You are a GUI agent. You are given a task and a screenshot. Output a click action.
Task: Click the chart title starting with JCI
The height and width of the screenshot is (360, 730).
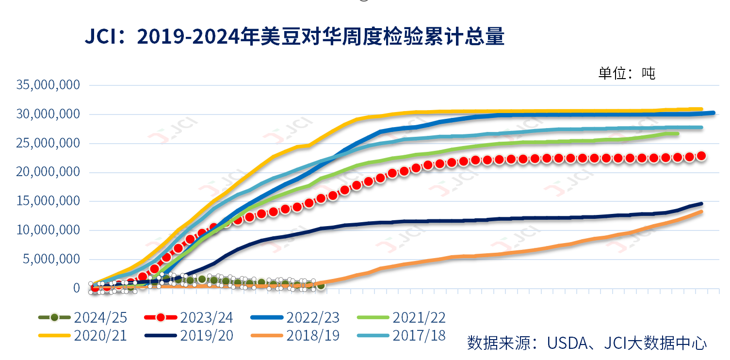tap(295, 37)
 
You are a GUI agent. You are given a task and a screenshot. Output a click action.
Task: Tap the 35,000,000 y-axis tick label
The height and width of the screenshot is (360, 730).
tap(49, 85)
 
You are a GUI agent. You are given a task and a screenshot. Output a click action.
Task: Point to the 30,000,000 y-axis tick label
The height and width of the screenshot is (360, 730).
tap(49, 115)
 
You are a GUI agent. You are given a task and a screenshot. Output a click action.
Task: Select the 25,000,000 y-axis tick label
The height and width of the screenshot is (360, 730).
tap(49, 144)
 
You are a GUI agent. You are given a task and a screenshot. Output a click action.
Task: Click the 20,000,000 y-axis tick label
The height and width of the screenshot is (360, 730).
tap(49, 172)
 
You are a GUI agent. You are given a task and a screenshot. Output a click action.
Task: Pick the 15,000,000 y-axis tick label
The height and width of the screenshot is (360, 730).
tap(49, 201)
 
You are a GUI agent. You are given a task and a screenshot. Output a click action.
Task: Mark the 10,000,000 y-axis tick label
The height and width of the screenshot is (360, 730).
tap(49, 230)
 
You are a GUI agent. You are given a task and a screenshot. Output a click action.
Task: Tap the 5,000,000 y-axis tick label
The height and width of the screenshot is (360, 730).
tap(52, 259)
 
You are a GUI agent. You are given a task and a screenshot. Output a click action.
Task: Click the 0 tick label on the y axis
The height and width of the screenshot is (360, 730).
tap(77, 288)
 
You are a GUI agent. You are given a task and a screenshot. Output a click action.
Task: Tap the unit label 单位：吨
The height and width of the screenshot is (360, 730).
tap(627, 73)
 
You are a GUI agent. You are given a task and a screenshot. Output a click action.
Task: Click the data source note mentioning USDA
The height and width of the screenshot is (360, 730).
tap(587, 343)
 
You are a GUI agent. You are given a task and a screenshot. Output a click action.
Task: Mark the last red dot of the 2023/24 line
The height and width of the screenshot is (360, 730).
tap(701, 156)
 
